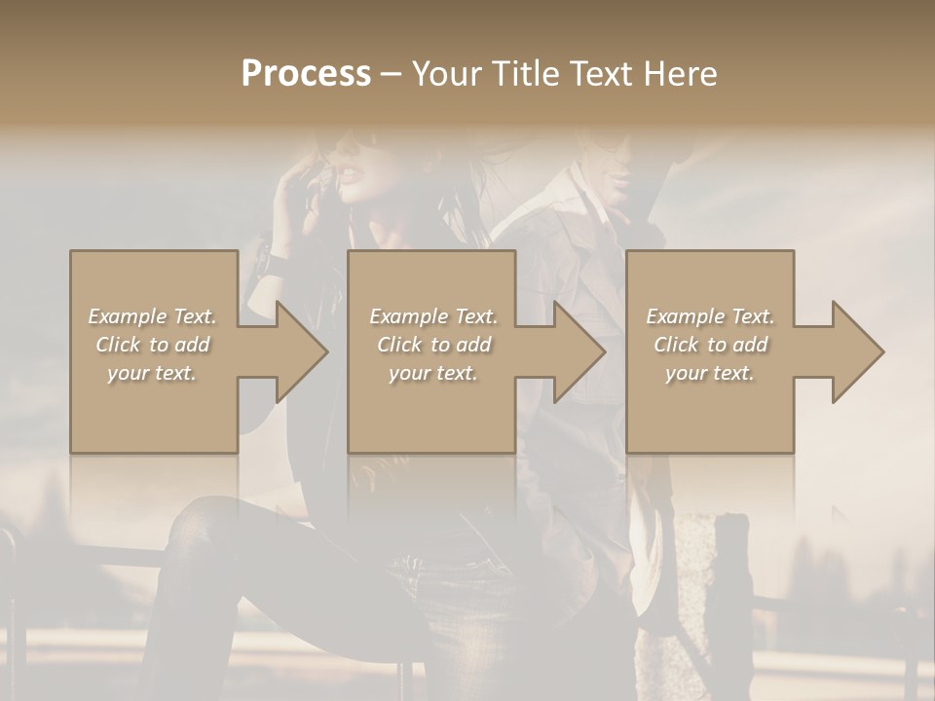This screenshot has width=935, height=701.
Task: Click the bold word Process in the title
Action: [306, 74]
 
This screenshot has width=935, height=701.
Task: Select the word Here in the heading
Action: [682, 74]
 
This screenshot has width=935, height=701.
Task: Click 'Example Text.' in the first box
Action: [152, 316]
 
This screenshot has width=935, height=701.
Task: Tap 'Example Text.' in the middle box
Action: [433, 316]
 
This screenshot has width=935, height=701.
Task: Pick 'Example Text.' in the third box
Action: [710, 316]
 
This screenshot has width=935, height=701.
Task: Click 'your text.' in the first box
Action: [152, 373]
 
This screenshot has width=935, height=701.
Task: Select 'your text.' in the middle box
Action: [433, 373]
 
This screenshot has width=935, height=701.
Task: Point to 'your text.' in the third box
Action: [710, 373]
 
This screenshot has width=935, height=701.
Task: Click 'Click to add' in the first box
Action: [152, 345]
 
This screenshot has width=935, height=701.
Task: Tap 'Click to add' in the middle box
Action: [433, 345]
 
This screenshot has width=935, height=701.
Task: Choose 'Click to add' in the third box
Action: [710, 345]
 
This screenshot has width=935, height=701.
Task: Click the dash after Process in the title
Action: [391, 75]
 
